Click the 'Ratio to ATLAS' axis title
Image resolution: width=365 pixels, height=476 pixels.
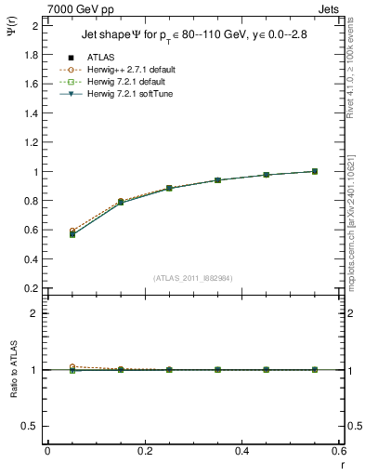pyautogui.click(x=12, y=370)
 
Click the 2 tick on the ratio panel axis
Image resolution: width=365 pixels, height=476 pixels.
pyautogui.click(x=34, y=313)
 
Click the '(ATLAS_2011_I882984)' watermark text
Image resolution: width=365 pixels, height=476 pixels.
pyautogui.click(x=194, y=278)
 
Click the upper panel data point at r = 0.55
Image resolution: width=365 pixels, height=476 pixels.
pyautogui.click(x=315, y=171)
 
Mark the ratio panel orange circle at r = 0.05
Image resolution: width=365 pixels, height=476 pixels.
pyautogui.click(x=72, y=366)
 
